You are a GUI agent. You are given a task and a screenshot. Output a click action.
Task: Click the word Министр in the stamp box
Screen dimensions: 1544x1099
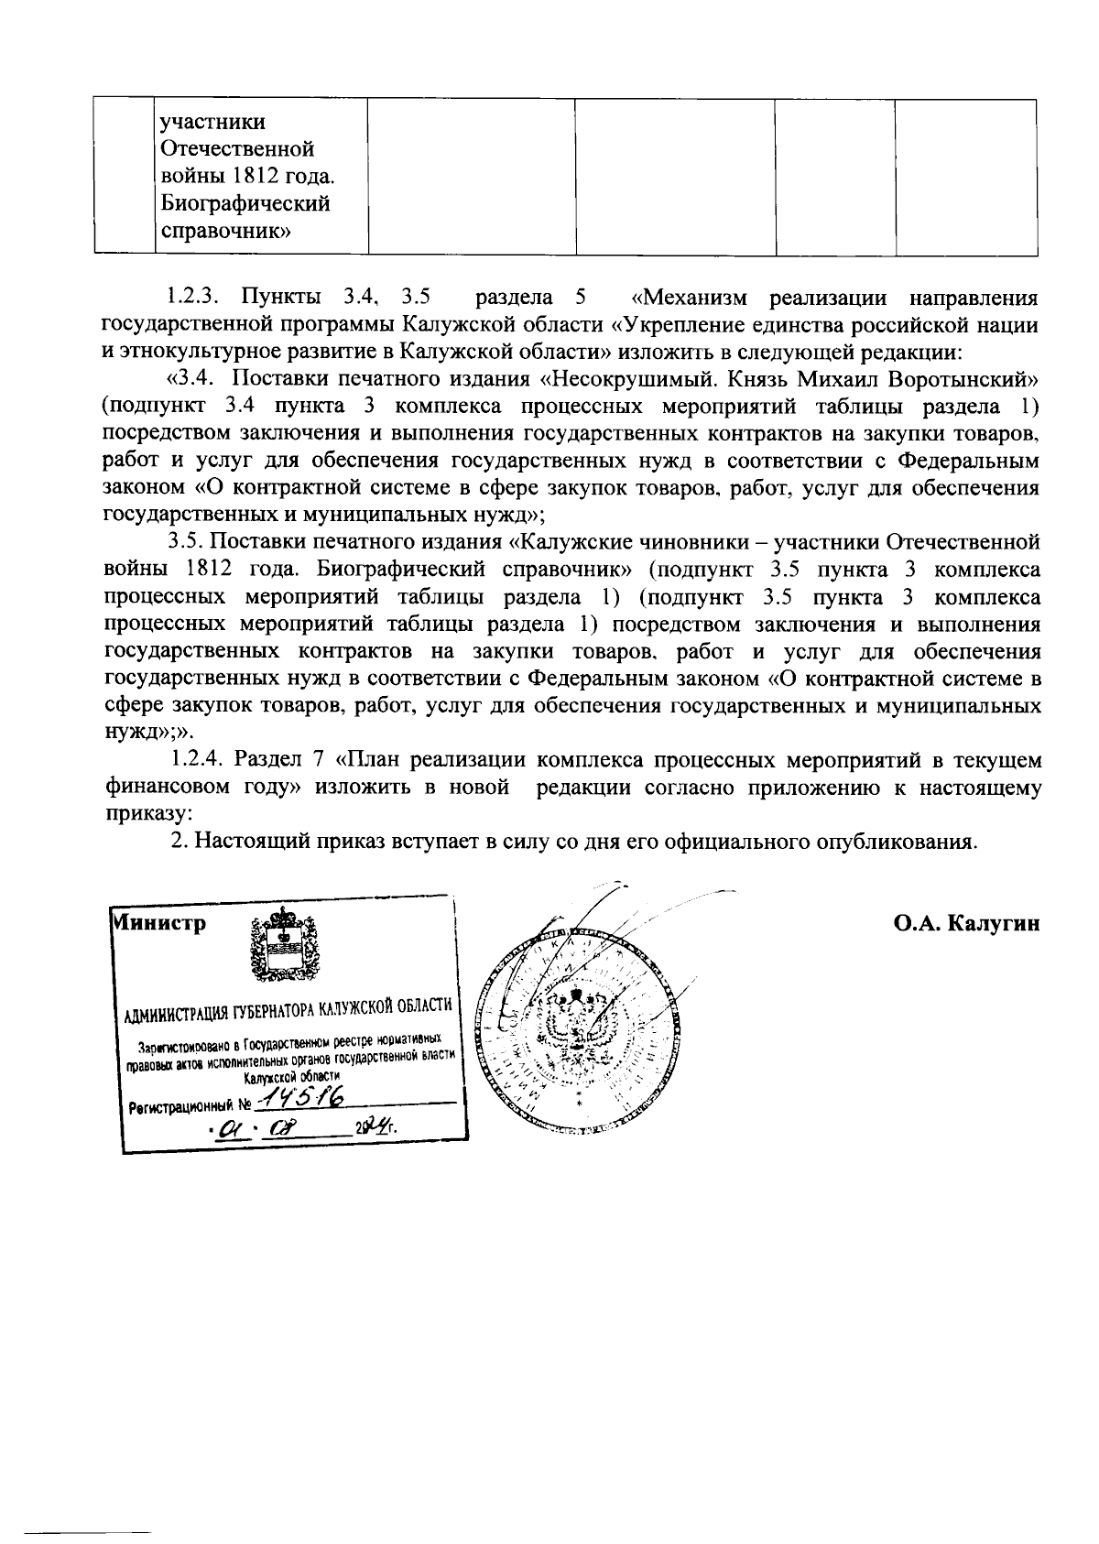point(158,922)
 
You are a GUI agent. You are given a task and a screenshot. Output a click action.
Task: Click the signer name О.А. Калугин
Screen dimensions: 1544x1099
point(967,922)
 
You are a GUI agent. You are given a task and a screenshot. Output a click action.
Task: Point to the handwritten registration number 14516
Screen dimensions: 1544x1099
point(295,1096)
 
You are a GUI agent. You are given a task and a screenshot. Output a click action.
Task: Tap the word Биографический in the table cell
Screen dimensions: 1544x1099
point(245,202)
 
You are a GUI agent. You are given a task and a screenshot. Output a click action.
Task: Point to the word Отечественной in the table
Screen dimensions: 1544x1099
point(237,148)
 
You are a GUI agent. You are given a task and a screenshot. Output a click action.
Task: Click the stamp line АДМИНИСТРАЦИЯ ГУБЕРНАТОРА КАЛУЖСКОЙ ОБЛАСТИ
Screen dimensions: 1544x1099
point(288,1008)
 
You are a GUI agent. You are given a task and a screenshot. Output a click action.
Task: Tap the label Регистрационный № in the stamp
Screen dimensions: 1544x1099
point(190,1104)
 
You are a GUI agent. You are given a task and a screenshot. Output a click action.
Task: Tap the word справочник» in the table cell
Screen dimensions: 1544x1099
point(225,230)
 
